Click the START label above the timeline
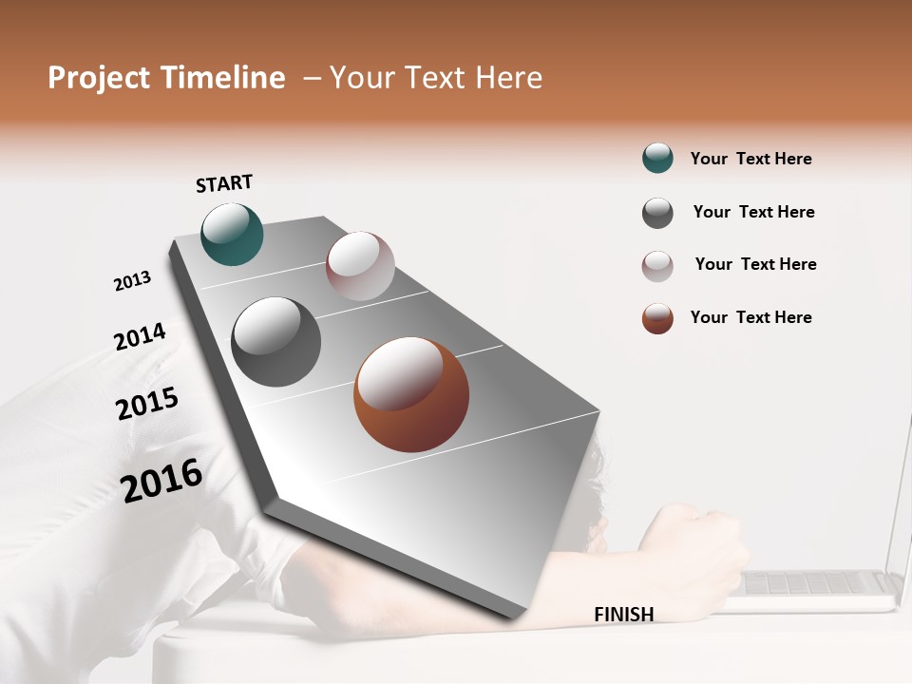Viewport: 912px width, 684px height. point(224,183)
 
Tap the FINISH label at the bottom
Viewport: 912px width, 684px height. point(623,615)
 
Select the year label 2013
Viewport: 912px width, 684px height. point(132,280)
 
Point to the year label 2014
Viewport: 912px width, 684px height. point(140,336)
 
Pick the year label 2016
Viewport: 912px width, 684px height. point(161,480)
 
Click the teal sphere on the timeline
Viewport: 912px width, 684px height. point(232,234)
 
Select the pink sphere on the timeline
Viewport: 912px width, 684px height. point(360,266)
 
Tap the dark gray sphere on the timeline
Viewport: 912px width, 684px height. point(276,342)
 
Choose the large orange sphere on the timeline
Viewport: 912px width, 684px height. point(411,394)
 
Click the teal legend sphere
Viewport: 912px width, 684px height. point(657,159)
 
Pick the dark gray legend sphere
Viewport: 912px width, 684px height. point(657,213)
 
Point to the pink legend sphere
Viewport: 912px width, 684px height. point(657,266)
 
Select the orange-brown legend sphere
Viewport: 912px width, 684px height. point(657,318)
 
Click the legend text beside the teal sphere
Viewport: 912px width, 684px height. point(750,159)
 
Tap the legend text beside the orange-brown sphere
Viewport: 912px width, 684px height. point(750,317)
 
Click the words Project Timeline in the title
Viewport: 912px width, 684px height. point(166,78)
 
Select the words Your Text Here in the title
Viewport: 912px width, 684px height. point(435,78)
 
